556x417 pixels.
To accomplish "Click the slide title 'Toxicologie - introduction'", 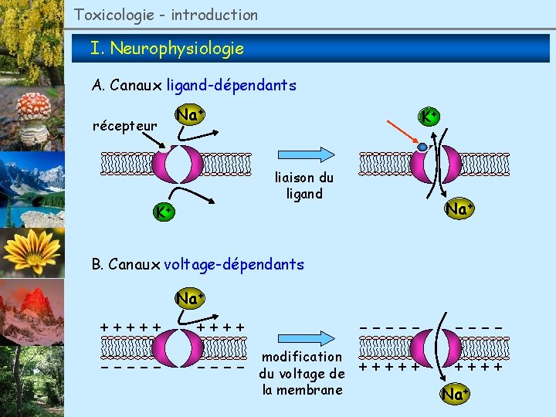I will pyautogui.click(x=166, y=15).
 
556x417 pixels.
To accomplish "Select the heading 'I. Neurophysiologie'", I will pyautogui.click(x=167, y=49).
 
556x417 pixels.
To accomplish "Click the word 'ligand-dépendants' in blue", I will pyautogui.click(x=231, y=86).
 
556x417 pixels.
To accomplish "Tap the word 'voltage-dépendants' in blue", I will pyautogui.click(x=234, y=264).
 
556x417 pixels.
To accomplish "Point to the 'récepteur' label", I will pyautogui.click(x=124, y=125).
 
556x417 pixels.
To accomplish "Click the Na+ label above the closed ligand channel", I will pyautogui.click(x=189, y=115).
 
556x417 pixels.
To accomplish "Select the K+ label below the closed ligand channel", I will pyautogui.click(x=162, y=211).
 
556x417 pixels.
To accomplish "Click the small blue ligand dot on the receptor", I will pyautogui.click(x=422, y=147).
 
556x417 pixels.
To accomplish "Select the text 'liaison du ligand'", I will pyautogui.click(x=304, y=185).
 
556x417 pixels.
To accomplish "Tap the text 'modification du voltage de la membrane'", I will pyautogui.click(x=301, y=373).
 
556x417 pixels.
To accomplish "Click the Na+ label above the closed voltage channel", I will pyautogui.click(x=189, y=297).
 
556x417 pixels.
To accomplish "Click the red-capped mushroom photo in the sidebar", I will pyautogui.click(x=32, y=120).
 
